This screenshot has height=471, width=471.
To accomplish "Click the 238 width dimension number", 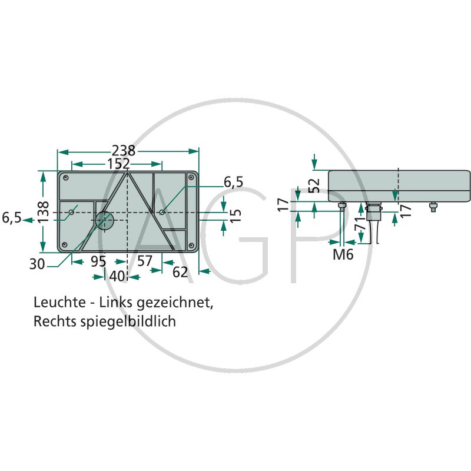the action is [124, 151].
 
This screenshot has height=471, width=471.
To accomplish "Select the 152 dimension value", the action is [119, 164].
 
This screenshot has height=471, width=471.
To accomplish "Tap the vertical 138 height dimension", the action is [44, 212].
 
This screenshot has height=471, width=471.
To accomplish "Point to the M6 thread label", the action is [343, 254].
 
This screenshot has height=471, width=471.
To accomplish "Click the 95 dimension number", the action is [98, 261].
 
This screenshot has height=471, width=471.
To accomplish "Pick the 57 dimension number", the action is [145, 261].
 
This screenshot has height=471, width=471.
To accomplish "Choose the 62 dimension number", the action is [180, 272].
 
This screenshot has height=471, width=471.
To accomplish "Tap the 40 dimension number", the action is [117, 276].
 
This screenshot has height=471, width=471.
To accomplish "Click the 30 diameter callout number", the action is [37, 264].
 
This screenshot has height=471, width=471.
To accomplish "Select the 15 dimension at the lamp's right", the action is [237, 215].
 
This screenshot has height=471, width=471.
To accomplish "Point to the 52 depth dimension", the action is [314, 185].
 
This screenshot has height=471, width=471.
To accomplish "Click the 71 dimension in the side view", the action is [360, 223].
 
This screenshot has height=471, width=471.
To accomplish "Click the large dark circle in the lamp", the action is [105, 220].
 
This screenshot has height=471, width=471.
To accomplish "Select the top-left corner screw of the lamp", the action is [66, 178].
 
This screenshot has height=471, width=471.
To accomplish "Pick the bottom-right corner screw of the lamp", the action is [190, 246].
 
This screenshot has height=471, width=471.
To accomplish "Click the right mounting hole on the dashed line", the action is [162, 212].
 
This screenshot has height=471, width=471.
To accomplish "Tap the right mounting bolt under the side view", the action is [433, 207].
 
